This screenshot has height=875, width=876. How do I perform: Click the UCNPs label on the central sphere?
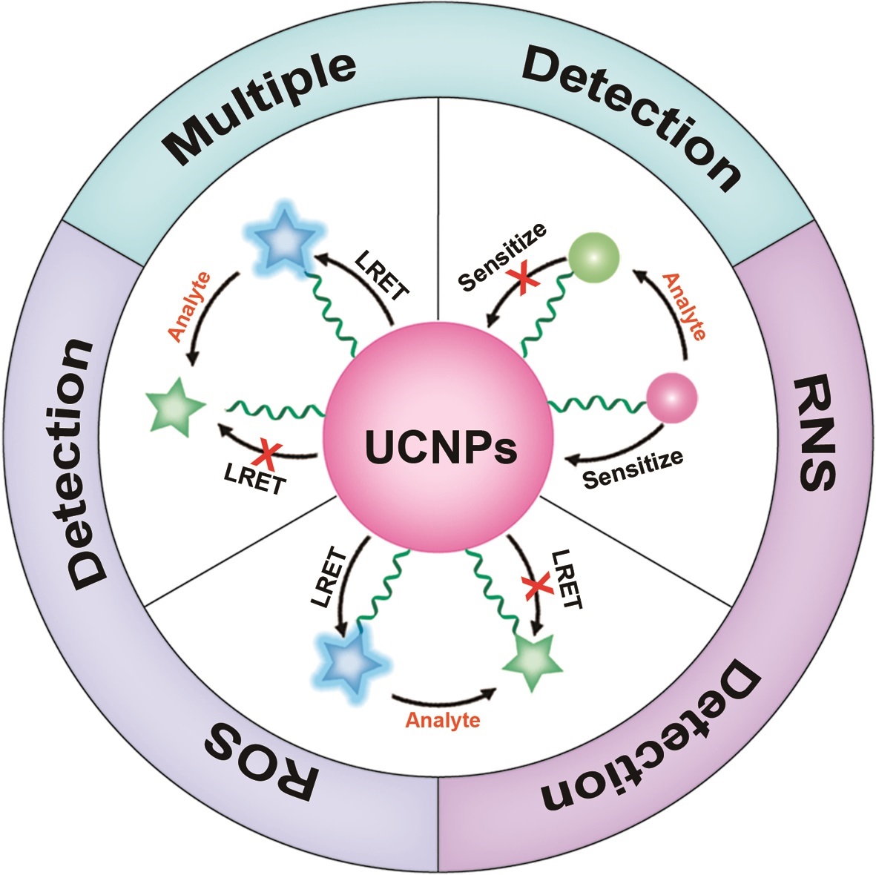tap(441, 446)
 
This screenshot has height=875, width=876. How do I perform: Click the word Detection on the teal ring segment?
tap(631, 117)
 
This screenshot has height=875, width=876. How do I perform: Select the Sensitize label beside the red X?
tap(501, 257)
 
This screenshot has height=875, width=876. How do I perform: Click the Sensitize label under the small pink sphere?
tap(633, 469)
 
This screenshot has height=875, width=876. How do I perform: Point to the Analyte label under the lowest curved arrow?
tap(443, 720)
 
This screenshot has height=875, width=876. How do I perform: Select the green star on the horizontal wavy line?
tap(175, 407)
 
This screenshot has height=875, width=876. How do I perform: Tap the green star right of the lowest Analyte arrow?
tap(533, 662)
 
